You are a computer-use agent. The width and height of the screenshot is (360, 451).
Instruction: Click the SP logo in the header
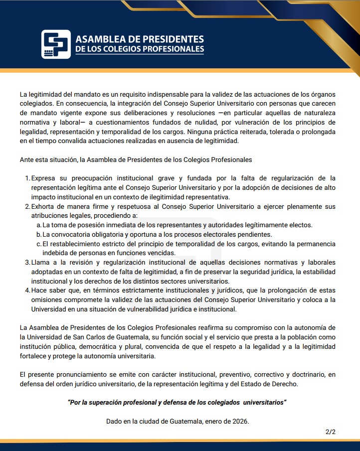(56, 44)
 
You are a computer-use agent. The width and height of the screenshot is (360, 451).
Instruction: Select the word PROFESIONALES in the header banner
(174, 49)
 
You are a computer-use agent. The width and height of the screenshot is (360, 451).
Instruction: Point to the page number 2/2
(330, 432)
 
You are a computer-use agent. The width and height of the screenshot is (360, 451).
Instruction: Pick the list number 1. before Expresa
(27, 178)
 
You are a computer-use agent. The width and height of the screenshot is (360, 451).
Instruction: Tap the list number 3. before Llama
(27, 262)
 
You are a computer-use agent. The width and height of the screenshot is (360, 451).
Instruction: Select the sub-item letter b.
(38, 234)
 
